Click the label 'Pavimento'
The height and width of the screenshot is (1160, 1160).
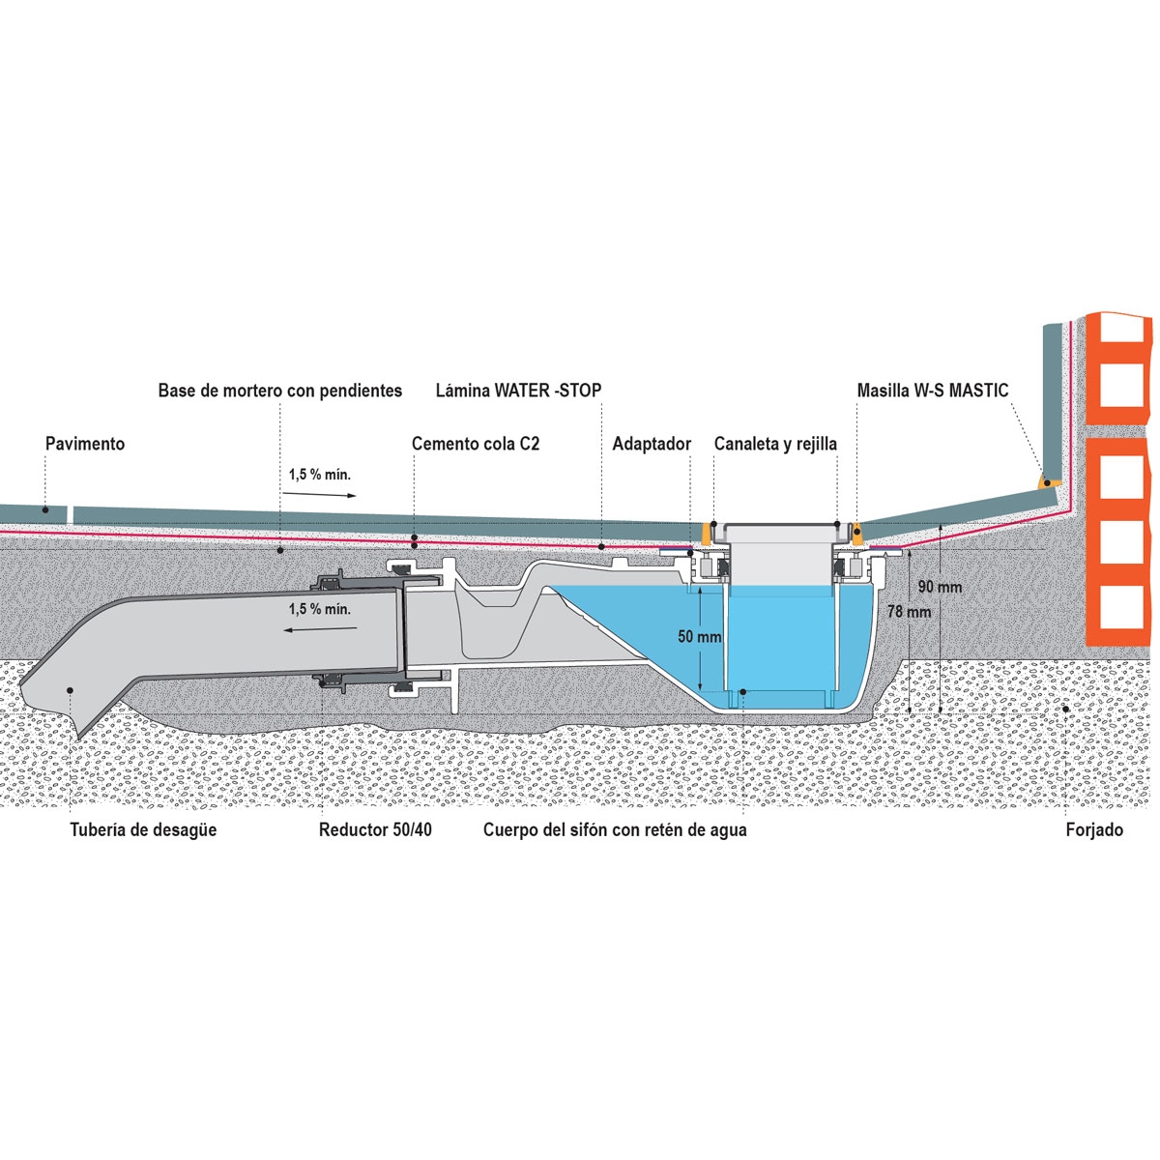[x=85, y=444]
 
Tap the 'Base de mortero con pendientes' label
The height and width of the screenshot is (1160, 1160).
[x=280, y=391]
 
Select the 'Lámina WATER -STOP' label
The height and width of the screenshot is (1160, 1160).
[x=518, y=391]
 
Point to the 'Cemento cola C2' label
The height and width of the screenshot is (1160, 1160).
[x=476, y=444]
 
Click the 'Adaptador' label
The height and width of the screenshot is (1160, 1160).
[x=652, y=444]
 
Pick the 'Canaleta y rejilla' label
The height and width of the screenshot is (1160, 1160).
[x=775, y=444]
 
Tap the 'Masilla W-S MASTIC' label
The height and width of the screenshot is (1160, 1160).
[x=933, y=391]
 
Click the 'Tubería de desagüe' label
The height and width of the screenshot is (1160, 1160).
[x=143, y=829]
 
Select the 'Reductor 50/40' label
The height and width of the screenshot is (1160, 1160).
[x=375, y=829]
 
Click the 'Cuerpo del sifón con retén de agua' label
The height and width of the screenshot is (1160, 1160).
[x=615, y=829]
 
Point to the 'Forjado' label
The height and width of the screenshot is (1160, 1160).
[x=1094, y=829]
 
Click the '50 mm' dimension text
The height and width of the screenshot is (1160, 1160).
[x=699, y=637]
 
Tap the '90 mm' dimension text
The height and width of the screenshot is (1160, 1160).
[x=940, y=587]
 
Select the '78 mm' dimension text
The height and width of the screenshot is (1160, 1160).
[x=910, y=612]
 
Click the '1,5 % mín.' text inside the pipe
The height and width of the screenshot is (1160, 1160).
[x=319, y=609]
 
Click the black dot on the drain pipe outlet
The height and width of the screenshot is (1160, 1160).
[x=70, y=689]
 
